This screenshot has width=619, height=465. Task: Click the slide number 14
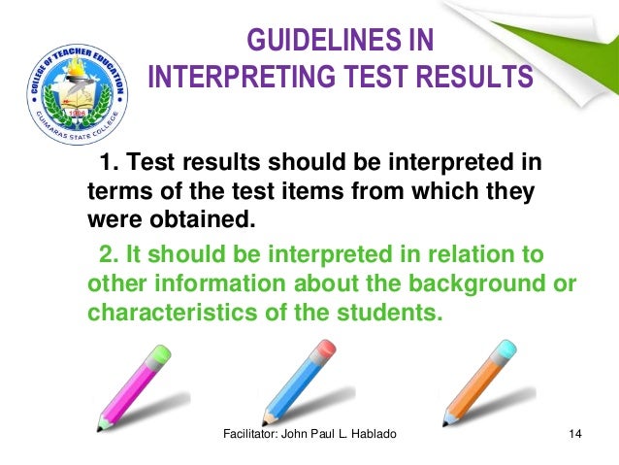574,445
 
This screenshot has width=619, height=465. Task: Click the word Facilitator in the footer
248,445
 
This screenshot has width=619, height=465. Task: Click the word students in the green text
393,315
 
